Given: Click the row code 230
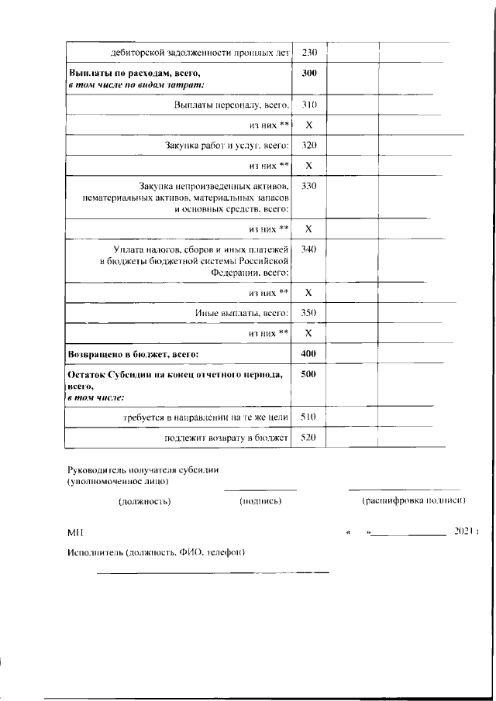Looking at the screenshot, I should tap(308, 53).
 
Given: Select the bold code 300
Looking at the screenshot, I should tap(308, 74).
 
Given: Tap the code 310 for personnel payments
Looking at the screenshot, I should tap(308, 105).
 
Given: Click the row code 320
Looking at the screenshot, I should tap(308, 146).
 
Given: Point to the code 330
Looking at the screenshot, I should tap(308, 187).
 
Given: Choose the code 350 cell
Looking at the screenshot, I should tap(308, 313).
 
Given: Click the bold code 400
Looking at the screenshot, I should tap(308, 354).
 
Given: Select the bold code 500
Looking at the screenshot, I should tap(308, 375).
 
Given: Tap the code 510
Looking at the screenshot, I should tap(308, 417).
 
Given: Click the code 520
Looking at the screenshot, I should tap(308, 438).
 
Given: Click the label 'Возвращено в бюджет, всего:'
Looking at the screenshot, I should tap(133, 354).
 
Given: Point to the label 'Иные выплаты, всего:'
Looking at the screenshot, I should tap(241, 313).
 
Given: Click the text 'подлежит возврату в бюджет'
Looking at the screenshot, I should tap(226, 438).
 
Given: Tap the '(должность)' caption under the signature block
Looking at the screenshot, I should tap(144, 501).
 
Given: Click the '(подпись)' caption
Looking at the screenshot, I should tap(260, 501).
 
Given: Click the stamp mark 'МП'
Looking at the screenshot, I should tap(74, 533).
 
